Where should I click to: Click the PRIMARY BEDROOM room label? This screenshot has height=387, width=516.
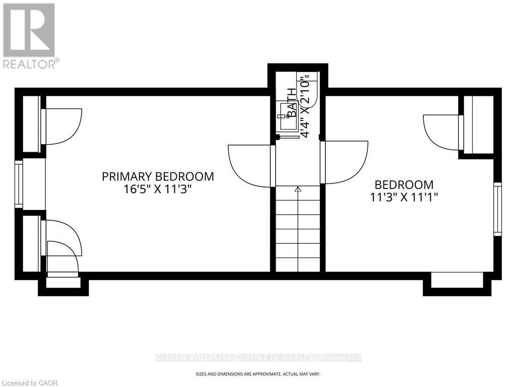click(158, 176)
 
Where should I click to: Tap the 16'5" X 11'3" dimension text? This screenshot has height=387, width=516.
click(158, 190)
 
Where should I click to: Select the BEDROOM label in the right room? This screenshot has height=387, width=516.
click(404, 184)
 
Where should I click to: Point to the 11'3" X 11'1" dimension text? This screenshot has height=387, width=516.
click(404, 198)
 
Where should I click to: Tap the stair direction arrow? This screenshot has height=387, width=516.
click(298, 189)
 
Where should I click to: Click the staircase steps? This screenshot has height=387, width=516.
click(298, 232)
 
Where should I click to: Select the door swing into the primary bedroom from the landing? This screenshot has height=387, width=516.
click(249, 164)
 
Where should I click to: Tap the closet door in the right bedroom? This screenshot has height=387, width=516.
click(442, 132)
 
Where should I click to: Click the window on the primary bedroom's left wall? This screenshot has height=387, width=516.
click(19, 184)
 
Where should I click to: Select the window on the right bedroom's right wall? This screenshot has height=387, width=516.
click(497, 209)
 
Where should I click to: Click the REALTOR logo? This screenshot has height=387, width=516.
click(29, 35)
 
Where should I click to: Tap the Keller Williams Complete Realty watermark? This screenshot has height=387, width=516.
click(257, 358)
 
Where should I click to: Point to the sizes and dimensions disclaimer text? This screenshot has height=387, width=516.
click(257, 374)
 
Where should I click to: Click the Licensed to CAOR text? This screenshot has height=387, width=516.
click(30, 383)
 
